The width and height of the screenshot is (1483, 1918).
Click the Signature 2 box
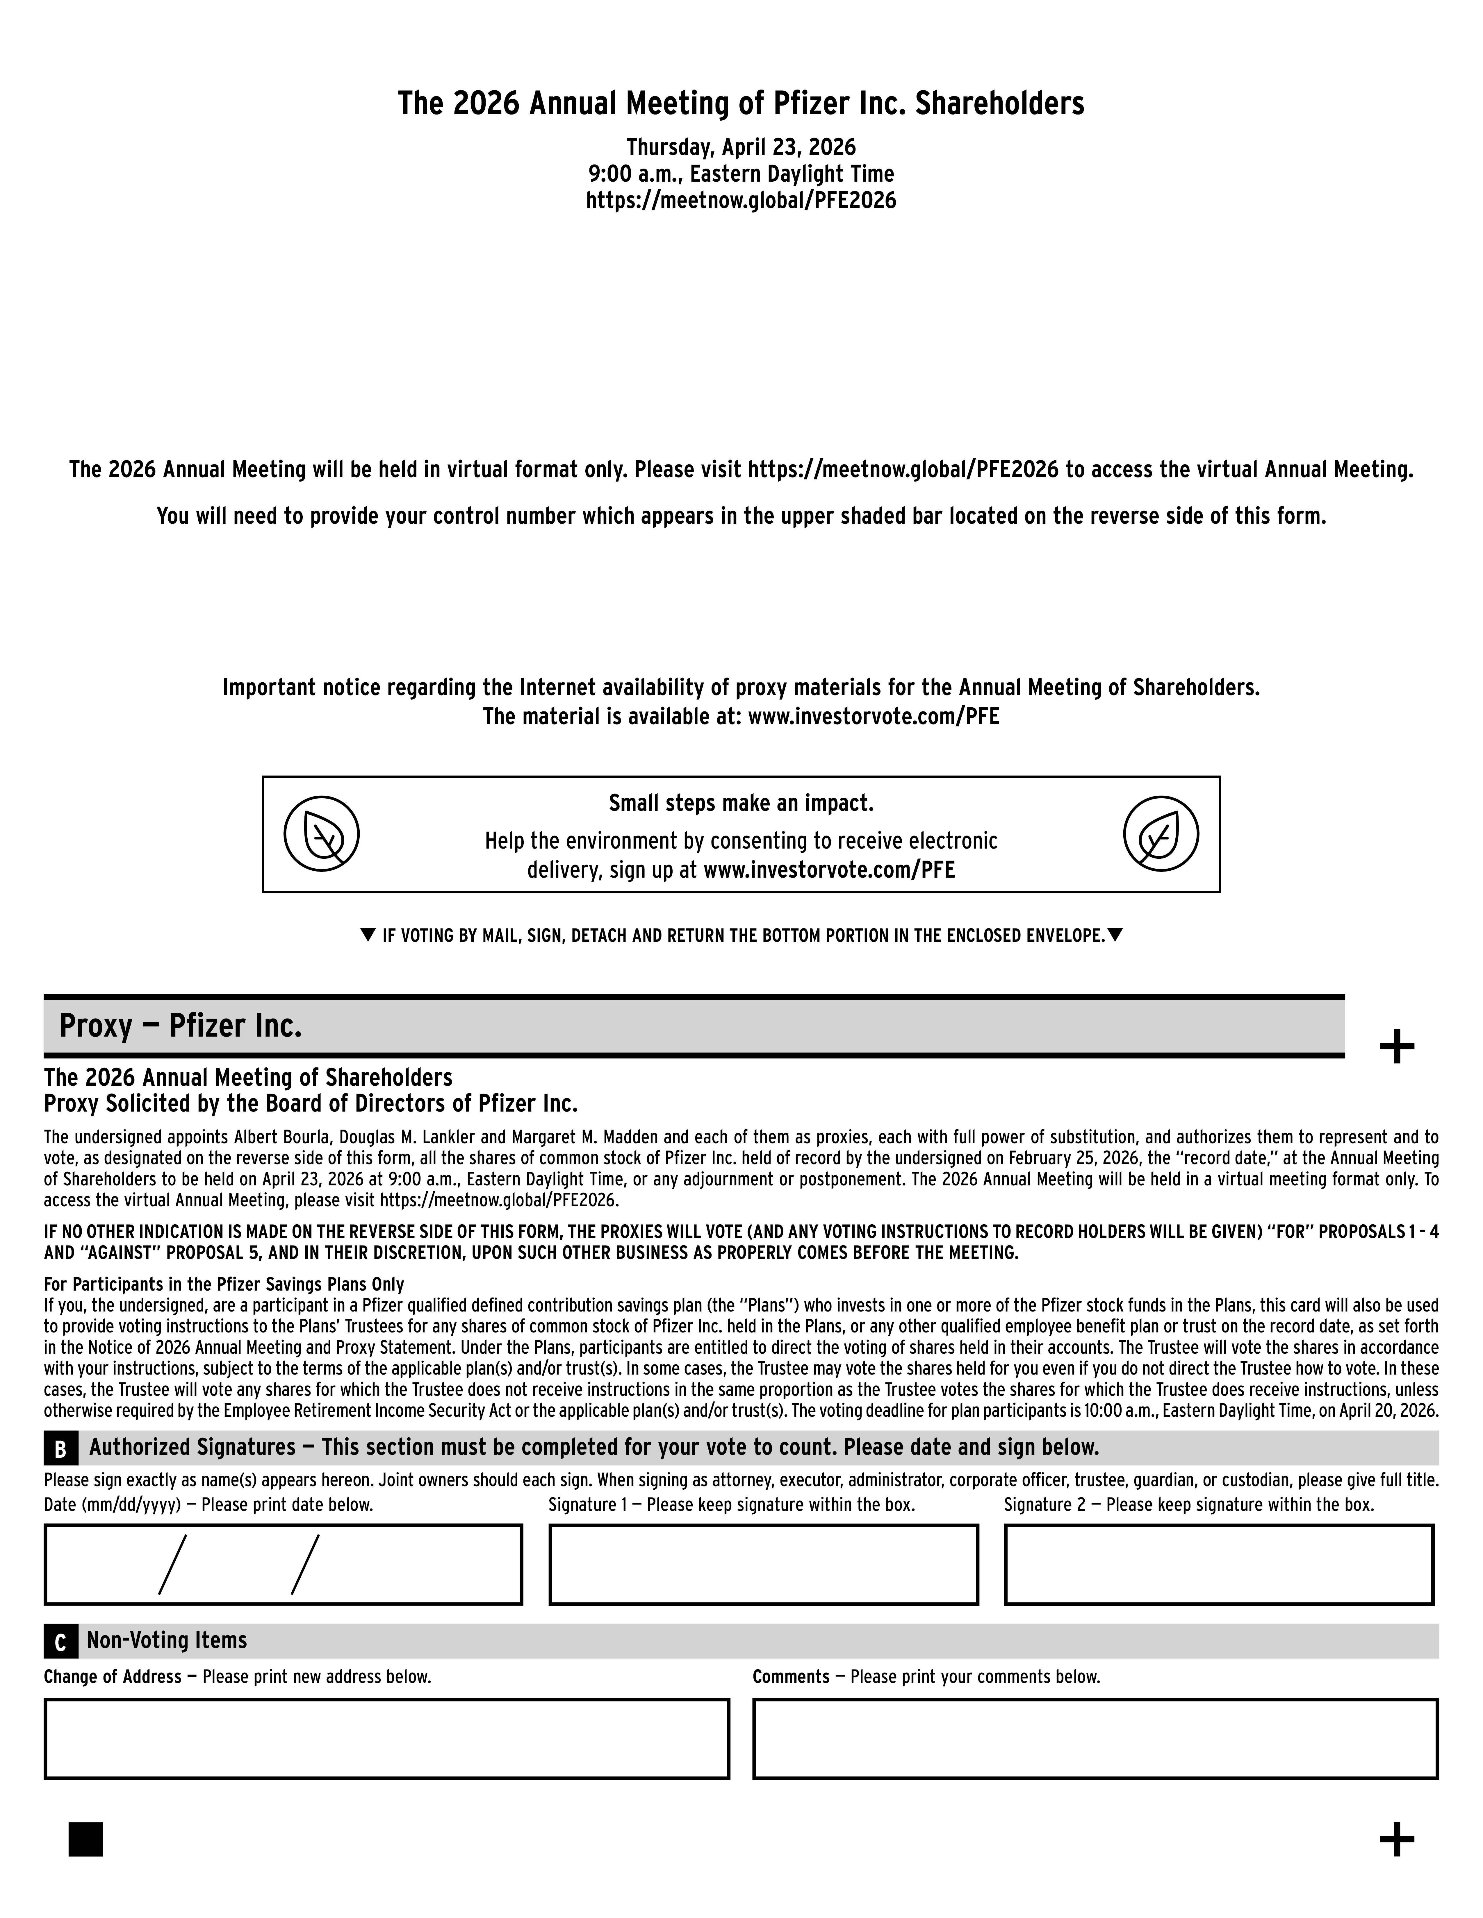click(x=1219, y=1564)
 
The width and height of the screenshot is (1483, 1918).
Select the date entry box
click(x=283, y=1564)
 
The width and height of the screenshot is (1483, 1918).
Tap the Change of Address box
click(x=386, y=1738)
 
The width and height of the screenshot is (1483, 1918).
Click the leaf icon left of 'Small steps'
click(x=322, y=833)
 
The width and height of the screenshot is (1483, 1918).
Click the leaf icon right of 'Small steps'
click(x=1161, y=833)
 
